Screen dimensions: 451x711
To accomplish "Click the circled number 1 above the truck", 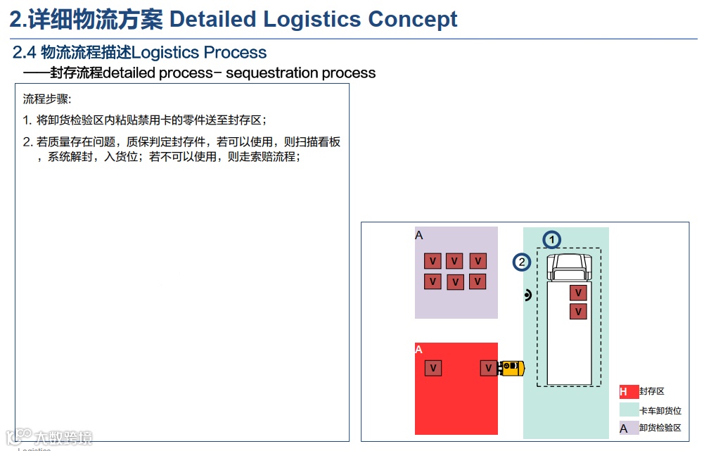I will tap(552, 240).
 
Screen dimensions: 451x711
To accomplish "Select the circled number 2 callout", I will tap(521, 262).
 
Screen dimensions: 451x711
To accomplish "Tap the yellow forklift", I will tap(511, 368).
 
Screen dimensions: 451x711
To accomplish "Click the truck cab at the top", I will tap(570, 267).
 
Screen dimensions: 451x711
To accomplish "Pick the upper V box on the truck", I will tap(578, 293).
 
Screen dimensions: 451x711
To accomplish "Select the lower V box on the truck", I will tap(578, 312).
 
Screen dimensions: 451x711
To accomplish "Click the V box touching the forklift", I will tap(489, 368).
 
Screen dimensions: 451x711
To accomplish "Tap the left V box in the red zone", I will tap(433, 368).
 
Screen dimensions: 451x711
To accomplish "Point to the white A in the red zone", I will tap(419, 350).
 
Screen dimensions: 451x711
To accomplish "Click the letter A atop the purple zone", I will tap(419, 236).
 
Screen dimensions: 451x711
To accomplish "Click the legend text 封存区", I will tap(652, 392).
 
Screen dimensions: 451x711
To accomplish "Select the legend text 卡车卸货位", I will tap(660, 411).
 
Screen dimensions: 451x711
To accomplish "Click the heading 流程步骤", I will tap(47, 99).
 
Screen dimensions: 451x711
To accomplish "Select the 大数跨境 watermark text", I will tap(65, 438).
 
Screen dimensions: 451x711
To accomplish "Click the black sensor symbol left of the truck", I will tap(527, 296).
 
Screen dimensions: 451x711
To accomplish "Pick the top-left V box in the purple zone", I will tap(433, 262).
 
